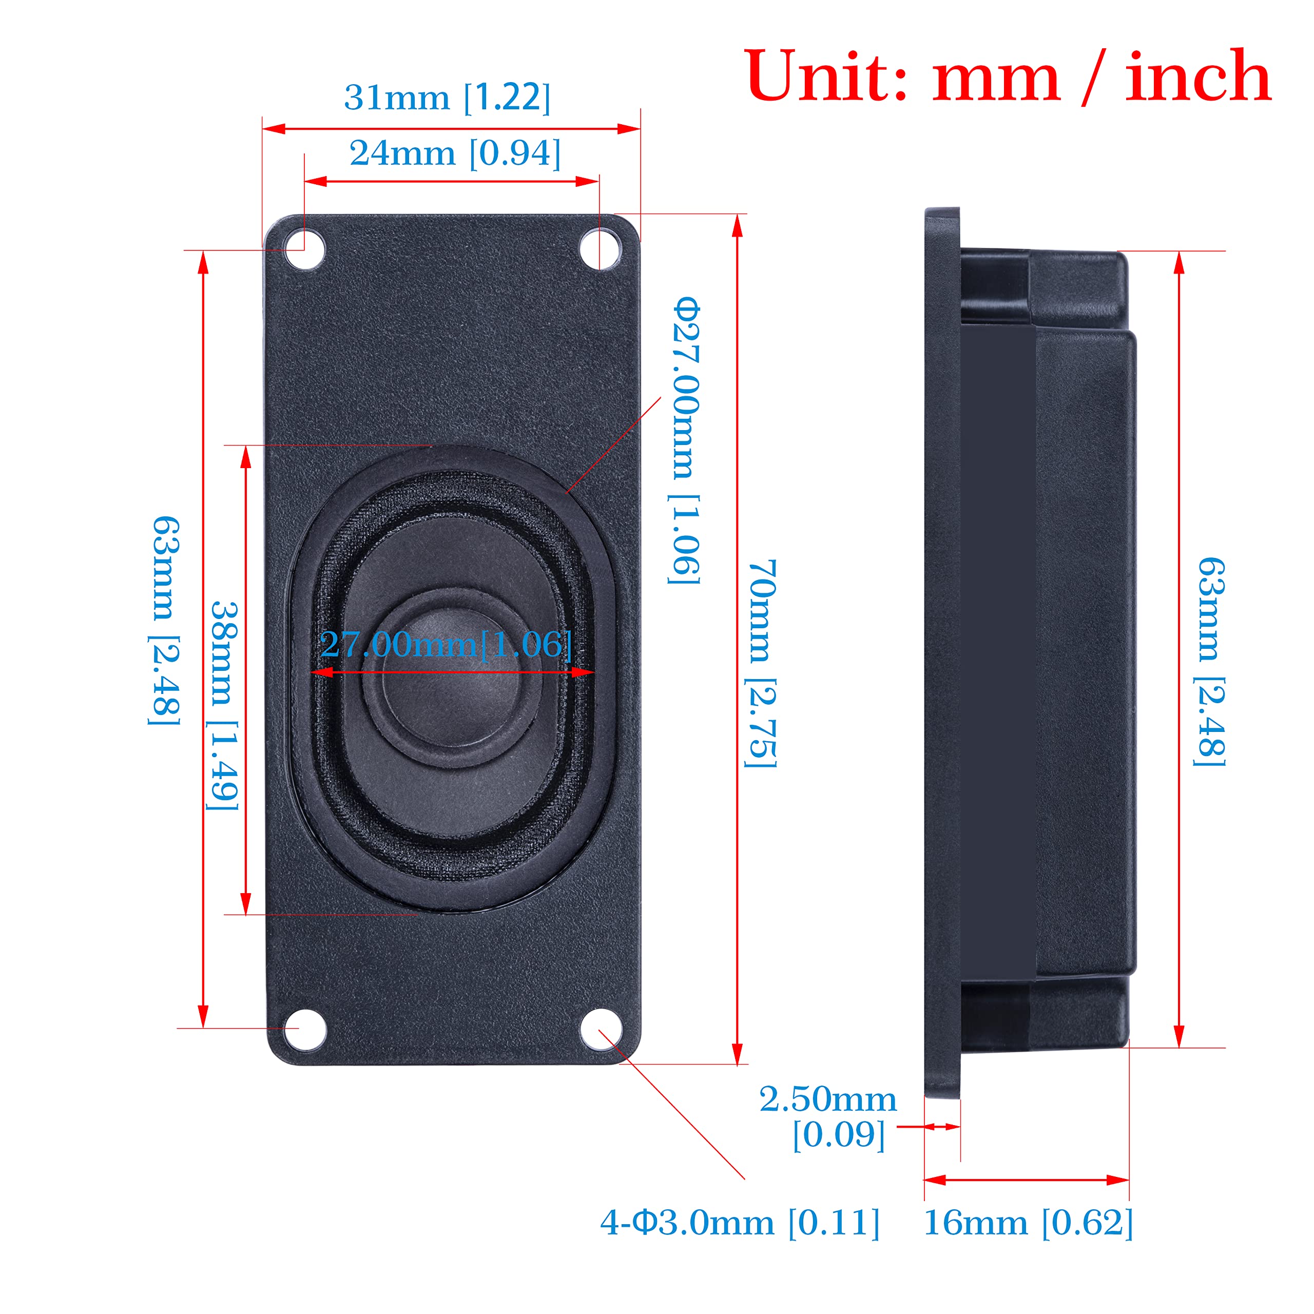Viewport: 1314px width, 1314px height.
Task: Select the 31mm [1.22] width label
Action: tap(447, 97)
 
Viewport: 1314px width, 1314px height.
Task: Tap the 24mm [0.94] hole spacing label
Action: tap(455, 153)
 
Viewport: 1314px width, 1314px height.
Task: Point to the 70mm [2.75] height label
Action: tap(762, 663)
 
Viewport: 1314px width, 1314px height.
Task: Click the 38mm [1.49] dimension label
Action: tap(223, 705)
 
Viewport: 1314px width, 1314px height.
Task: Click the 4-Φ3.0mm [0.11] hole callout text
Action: tap(739, 1223)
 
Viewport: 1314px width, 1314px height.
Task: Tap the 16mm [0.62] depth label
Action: tap(1028, 1223)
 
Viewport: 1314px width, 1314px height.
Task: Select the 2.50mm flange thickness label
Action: tap(828, 1100)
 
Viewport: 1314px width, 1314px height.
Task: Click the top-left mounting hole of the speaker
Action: tap(305, 249)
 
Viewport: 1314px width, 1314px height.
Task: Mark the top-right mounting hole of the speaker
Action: tap(600, 249)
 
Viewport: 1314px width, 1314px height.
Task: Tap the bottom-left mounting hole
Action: tap(305, 1028)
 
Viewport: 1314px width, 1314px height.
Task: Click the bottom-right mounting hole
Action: tap(600, 1028)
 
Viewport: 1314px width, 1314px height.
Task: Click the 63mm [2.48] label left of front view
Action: tap(165, 620)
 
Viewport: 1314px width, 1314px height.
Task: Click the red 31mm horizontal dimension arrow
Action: tap(451, 128)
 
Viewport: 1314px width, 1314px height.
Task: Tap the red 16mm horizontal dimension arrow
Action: tap(1027, 1180)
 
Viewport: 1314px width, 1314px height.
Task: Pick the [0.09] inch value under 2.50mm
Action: tap(839, 1134)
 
